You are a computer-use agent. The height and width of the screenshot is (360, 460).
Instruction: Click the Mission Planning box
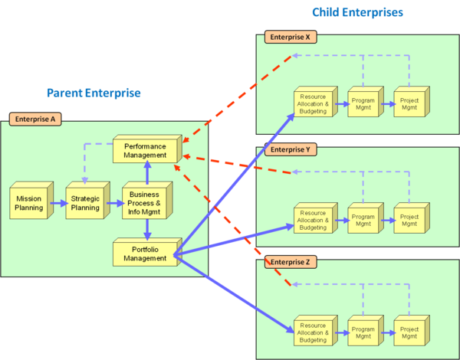[x=29, y=203]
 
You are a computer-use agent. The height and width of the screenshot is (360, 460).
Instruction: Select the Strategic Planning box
[x=85, y=203]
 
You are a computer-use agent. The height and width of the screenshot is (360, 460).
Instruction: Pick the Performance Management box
[x=145, y=150]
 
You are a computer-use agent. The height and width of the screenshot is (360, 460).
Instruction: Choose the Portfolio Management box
[x=145, y=254]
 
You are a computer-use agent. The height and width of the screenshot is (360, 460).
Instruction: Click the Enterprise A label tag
[x=35, y=119]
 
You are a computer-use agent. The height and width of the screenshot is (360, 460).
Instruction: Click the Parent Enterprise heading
[x=94, y=93]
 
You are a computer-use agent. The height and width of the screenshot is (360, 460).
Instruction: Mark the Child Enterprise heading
[x=356, y=12]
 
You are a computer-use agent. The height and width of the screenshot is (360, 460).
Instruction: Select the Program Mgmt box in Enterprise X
[x=363, y=103]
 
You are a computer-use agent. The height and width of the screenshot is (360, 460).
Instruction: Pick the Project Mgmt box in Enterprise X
[x=409, y=103]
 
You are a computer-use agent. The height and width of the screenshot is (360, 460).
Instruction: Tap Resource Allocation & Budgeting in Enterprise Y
[x=313, y=218]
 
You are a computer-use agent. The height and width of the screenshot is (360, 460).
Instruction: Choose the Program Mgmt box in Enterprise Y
[x=363, y=218]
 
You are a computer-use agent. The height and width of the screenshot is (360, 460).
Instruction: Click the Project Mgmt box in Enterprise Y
[x=409, y=218]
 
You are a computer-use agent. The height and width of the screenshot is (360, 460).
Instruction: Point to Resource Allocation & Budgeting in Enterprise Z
[x=313, y=330]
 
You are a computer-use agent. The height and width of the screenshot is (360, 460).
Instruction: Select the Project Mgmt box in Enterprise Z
[x=409, y=330]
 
